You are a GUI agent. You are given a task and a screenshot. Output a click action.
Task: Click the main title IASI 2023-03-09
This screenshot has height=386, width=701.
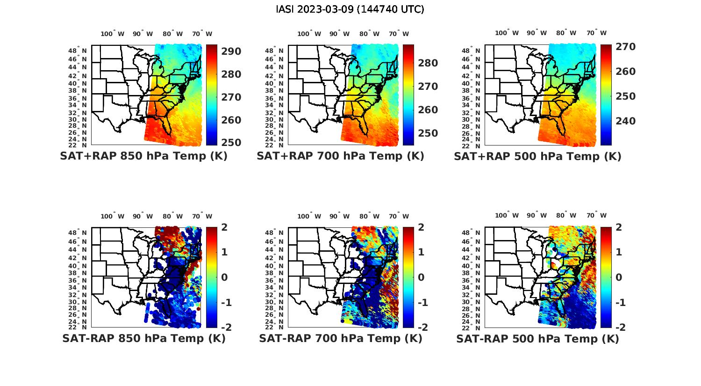pos(350,9)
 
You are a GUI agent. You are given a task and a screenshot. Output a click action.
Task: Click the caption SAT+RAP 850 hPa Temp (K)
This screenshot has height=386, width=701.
pos(143,156)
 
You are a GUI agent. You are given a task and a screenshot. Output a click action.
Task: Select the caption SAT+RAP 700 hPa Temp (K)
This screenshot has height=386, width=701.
pos(340,156)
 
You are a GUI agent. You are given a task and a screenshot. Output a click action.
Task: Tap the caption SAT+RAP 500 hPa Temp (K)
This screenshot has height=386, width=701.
pos(537,156)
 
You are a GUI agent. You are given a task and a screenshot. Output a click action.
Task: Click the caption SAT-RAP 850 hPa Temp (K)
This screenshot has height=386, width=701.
pos(143,338)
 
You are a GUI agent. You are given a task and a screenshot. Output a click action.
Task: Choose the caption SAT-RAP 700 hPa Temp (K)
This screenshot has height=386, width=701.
pos(340,338)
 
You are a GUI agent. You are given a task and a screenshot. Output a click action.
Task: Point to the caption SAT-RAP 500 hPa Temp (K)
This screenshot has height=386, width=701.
pos(537,338)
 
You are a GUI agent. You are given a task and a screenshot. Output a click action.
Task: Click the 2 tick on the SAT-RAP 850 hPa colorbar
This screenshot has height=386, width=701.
pos(224,227)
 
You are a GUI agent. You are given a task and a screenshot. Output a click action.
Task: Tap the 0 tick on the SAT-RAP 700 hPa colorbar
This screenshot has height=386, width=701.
pos(421,277)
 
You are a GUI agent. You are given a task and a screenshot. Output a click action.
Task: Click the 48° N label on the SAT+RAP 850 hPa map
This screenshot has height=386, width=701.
pos(78,51)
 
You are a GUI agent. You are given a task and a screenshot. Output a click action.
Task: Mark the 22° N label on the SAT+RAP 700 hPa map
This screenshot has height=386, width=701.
pos(274,145)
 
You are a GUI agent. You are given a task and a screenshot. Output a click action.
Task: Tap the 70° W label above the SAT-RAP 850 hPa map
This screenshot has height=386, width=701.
pos(202,216)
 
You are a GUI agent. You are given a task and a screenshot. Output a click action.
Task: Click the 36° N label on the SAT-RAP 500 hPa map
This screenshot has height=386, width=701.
pos(472,280)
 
